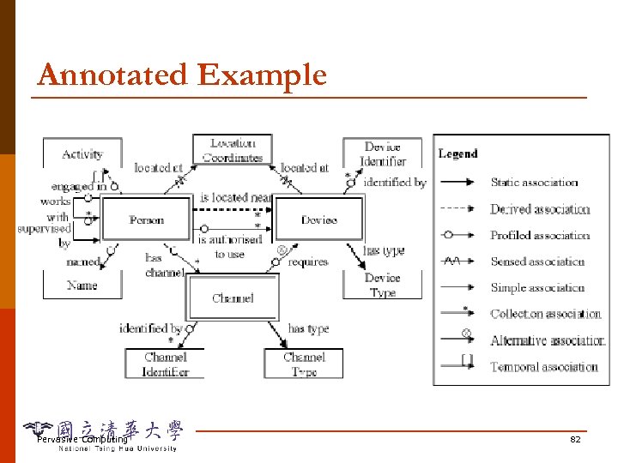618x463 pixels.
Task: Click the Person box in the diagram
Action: pyautogui.click(x=147, y=220)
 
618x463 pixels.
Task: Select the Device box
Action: pyautogui.click(x=319, y=220)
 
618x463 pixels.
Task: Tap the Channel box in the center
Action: pyautogui.click(x=233, y=298)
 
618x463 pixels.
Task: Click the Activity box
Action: pyautogui.click(x=82, y=154)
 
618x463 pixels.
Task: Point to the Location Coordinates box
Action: pyautogui.click(x=233, y=150)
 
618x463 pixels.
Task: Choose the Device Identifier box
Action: pyautogui.click(x=383, y=153)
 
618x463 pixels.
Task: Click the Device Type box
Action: pyautogui.click(x=383, y=285)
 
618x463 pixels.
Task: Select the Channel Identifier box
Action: pyautogui.click(x=166, y=364)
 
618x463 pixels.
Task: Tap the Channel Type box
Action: pyautogui.click(x=304, y=364)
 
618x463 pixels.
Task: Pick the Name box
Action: pyautogui.click(x=82, y=285)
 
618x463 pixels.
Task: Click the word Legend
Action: pyautogui.click(x=457, y=154)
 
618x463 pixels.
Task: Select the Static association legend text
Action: pyautogui.click(x=534, y=182)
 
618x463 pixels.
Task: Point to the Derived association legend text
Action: pyautogui.click(x=540, y=209)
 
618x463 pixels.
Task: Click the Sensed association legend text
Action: pyautogui.click(x=537, y=262)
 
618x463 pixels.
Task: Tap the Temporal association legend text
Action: pyautogui.click(x=544, y=367)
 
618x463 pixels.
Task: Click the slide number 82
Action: pyautogui.click(x=575, y=439)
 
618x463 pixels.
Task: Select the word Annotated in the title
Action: pyautogui.click(x=113, y=75)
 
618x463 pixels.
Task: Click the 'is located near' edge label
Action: pyautogui.click(x=236, y=198)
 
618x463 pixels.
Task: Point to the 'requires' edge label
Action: pyautogui.click(x=308, y=262)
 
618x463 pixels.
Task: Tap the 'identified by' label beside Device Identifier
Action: pyautogui.click(x=395, y=182)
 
